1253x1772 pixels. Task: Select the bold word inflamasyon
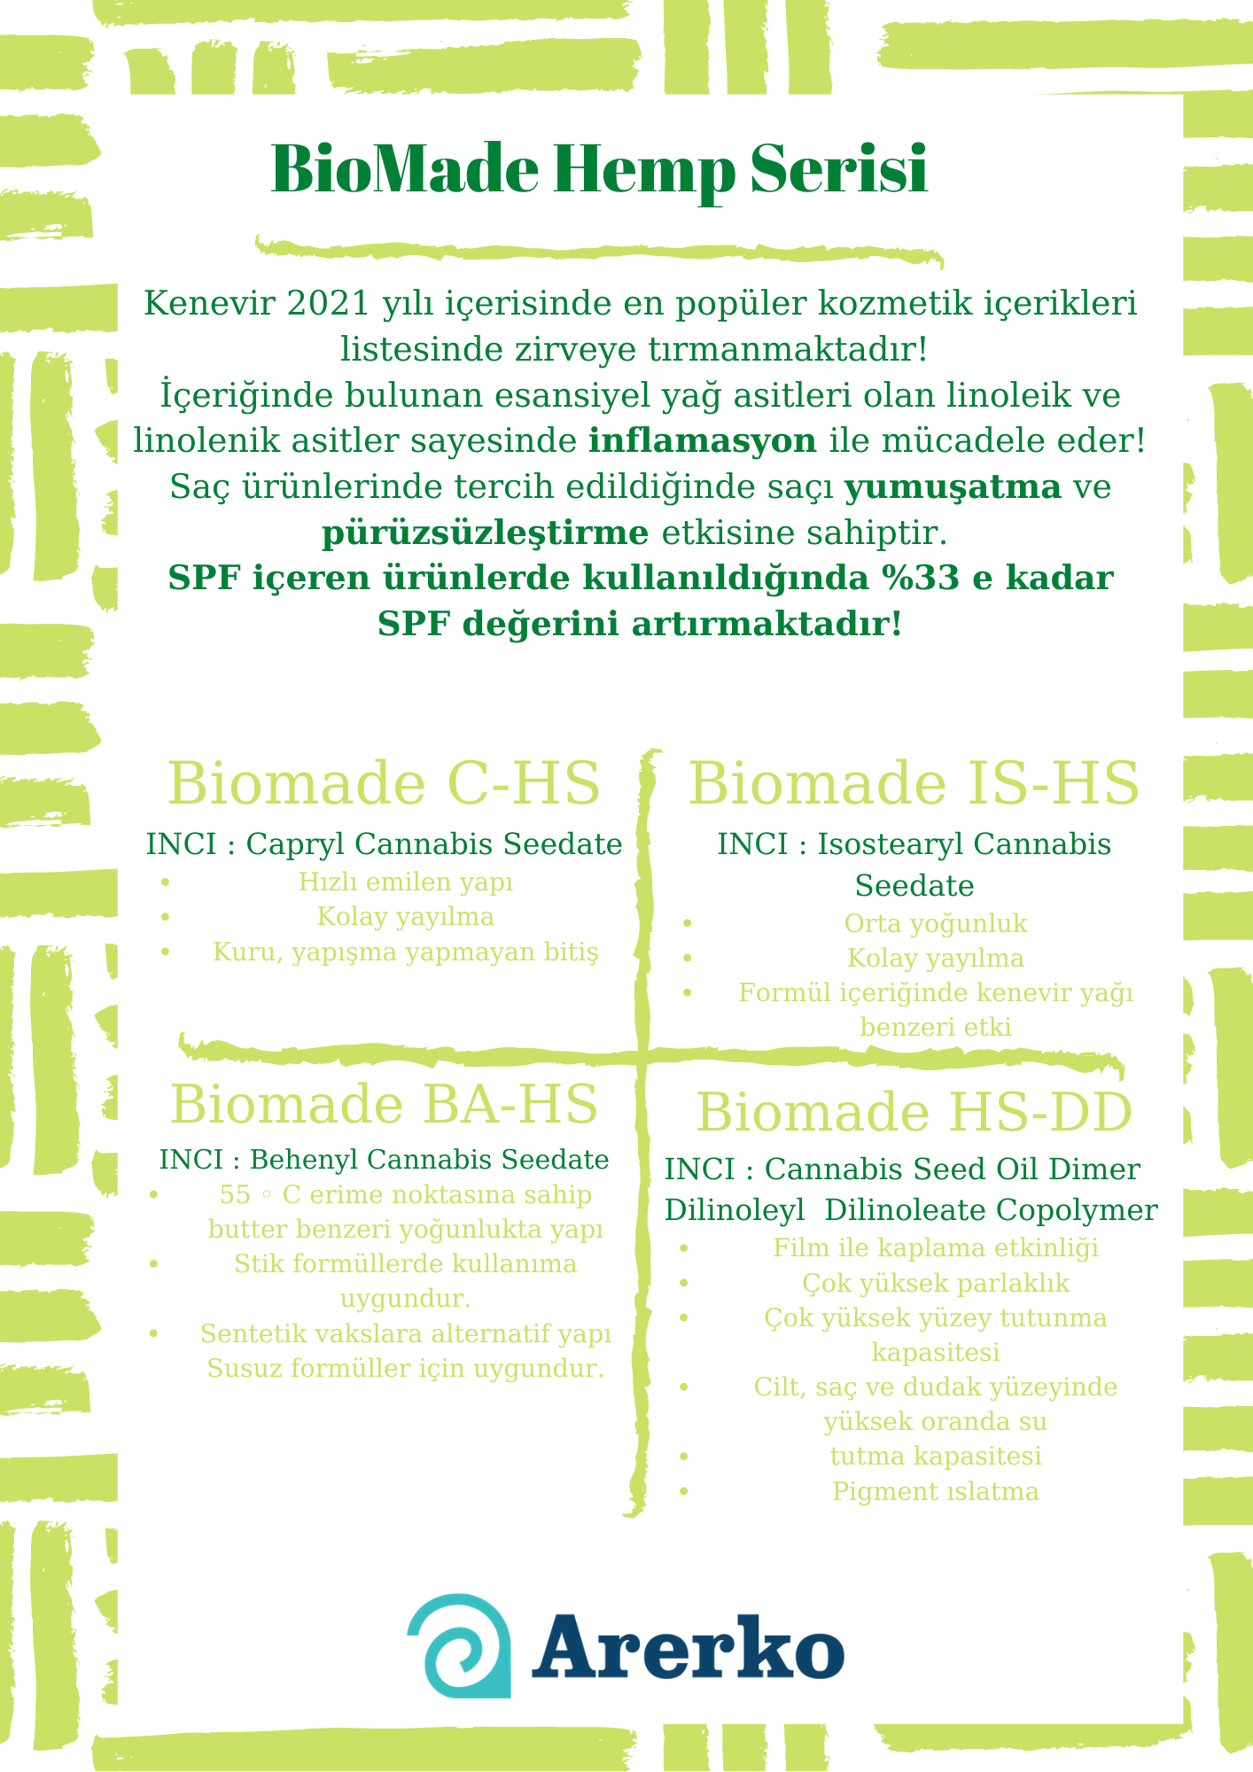coord(703,440)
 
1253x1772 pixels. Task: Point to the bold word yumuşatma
coord(953,486)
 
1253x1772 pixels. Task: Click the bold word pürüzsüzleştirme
coord(485,532)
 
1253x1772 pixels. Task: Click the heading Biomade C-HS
coord(384,783)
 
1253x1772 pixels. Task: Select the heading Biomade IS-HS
coord(914,783)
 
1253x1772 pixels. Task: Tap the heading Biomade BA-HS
coord(384,1105)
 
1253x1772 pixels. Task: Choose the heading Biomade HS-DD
coord(914,1113)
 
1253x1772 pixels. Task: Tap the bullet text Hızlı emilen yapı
coord(406,882)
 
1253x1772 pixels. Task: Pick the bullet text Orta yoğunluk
coord(936,924)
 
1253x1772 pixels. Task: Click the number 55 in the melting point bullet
coord(236,1195)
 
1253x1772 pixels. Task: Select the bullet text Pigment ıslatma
coord(936,1492)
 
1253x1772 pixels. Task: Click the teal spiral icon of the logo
coord(460,1646)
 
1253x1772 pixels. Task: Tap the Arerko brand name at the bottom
coord(688,1649)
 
